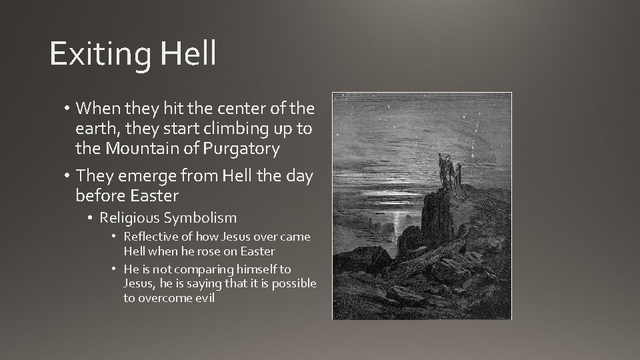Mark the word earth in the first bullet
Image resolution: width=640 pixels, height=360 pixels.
tap(93, 129)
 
